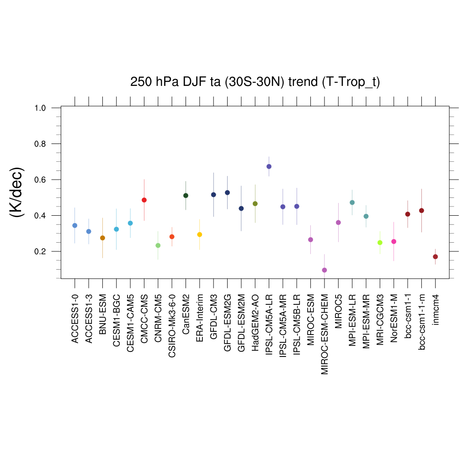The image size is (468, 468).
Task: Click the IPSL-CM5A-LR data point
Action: click(x=269, y=166)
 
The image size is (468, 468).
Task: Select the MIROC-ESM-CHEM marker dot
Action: click(x=324, y=270)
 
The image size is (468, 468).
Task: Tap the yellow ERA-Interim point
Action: click(x=200, y=234)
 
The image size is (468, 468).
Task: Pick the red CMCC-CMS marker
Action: click(x=144, y=200)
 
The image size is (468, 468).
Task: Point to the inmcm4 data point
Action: click(x=436, y=257)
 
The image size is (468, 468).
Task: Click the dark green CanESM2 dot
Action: click(x=186, y=196)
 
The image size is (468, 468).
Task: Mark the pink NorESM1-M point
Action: click(x=394, y=241)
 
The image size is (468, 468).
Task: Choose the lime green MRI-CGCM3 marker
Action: click(x=380, y=243)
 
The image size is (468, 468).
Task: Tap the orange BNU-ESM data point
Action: click(x=102, y=238)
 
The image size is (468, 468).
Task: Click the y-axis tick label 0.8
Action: click(x=42, y=144)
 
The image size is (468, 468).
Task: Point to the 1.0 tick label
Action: click(x=42, y=108)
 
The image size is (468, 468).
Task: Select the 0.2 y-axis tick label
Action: click(x=42, y=251)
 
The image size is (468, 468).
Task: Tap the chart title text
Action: click(x=255, y=82)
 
